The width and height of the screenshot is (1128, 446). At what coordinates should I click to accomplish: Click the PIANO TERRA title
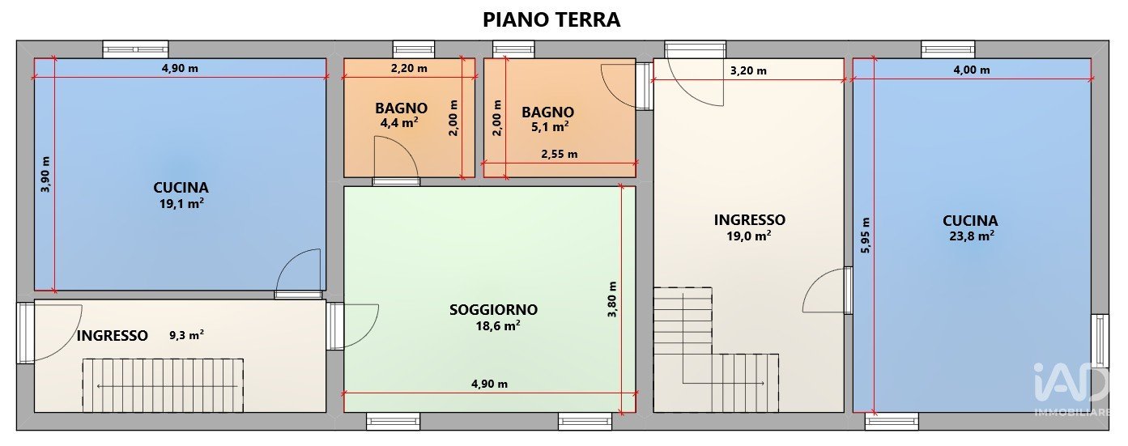[x=551, y=19]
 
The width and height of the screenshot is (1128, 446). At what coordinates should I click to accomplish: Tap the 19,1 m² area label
[x=181, y=203]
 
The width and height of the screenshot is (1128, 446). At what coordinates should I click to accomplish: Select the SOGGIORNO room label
[x=493, y=309]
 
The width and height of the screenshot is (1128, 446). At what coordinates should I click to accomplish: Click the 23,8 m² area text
[x=972, y=236]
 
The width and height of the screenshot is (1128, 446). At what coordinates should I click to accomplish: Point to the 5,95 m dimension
[x=865, y=235]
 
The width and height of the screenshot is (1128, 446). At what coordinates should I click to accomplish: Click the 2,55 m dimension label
[x=560, y=154]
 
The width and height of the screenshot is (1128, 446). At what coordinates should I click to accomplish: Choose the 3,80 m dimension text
[x=612, y=299]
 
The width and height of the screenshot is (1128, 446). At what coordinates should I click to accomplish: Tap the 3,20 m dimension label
[x=748, y=70]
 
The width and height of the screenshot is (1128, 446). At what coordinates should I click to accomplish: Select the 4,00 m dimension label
[x=972, y=70]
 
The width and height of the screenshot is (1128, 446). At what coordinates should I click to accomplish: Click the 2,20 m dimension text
[x=409, y=68]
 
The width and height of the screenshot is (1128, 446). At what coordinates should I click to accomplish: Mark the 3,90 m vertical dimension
[x=45, y=174]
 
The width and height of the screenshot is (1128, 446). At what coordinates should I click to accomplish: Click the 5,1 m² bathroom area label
[x=550, y=126]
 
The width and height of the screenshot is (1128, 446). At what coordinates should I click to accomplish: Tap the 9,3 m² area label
[x=186, y=335]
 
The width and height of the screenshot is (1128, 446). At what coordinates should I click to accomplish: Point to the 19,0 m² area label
[x=749, y=236]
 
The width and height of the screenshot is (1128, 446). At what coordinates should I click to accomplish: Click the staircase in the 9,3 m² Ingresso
[x=163, y=385]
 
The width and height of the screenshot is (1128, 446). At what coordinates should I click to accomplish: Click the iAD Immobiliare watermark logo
[x=1071, y=389]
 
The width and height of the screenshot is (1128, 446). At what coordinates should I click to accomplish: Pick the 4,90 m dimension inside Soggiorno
[x=489, y=384]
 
